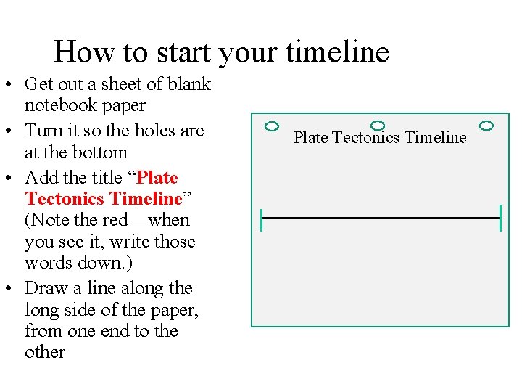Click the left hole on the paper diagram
pyautogui.click(x=272, y=126)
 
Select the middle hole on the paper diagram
pyautogui.click(x=377, y=126)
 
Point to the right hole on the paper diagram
pyautogui.click(x=486, y=126)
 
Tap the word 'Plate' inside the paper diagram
pyautogui.click(x=311, y=137)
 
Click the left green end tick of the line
pyautogui.click(x=262, y=218)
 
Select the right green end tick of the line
pyautogui.click(x=500, y=218)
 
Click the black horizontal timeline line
pyautogui.click(x=381, y=218)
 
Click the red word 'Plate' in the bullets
pyautogui.click(x=157, y=178)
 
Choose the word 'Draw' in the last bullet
pyautogui.click(x=45, y=289)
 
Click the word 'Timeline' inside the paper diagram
pyautogui.click(x=436, y=137)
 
